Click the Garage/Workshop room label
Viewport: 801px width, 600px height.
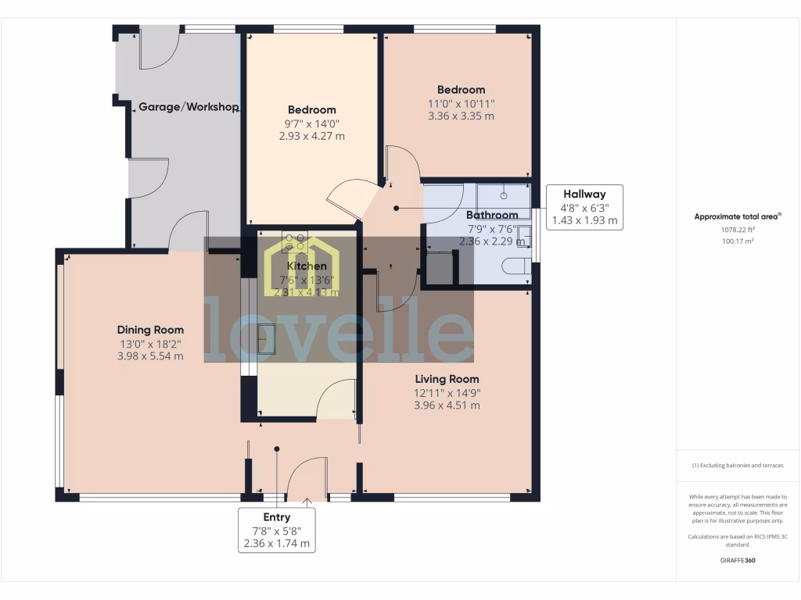pyautogui.click(x=189, y=107)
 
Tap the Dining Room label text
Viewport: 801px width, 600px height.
pyautogui.click(x=150, y=330)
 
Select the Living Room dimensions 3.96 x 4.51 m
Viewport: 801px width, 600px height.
pyautogui.click(x=447, y=405)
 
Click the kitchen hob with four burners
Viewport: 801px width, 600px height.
pyautogui.click(x=296, y=243)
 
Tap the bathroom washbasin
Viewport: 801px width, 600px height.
pyautogui.click(x=526, y=235)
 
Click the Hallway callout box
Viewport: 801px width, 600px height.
pyautogui.click(x=584, y=207)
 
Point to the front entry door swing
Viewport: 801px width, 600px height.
pyautogui.click(x=307, y=478)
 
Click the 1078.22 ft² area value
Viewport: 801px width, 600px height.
pyautogui.click(x=738, y=230)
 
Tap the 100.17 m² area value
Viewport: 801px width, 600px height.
pyautogui.click(x=738, y=241)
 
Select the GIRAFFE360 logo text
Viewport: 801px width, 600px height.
pyautogui.click(x=738, y=560)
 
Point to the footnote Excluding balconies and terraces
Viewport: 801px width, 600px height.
pyautogui.click(x=738, y=466)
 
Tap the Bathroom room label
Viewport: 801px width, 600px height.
pyautogui.click(x=492, y=215)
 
